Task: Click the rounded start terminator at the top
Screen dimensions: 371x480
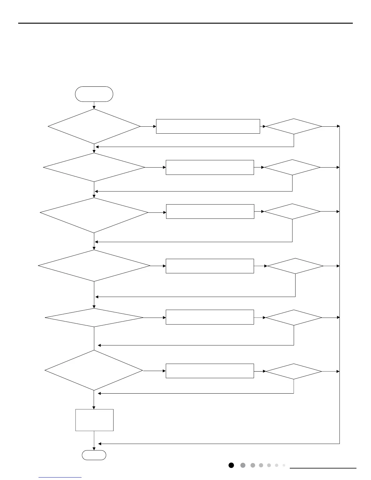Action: tap(94, 94)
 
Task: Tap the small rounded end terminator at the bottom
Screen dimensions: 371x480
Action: tap(94, 455)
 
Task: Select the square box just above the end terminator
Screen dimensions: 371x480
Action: tap(94, 420)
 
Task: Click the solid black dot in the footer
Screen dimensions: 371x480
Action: tap(231, 465)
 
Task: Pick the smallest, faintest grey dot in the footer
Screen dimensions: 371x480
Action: tap(284, 465)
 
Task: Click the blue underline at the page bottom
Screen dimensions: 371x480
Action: tap(60, 478)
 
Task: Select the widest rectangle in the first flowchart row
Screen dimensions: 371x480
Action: tap(208, 126)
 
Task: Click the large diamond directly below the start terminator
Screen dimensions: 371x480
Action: tap(94, 126)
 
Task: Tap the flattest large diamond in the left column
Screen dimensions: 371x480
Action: tap(94, 318)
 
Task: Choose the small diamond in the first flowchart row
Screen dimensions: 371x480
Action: tap(294, 126)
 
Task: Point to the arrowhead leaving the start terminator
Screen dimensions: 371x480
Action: tap(94, 107)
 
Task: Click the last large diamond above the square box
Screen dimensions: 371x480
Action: tap(94, 370)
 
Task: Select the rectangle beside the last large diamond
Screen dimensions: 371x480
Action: tap(210, 371)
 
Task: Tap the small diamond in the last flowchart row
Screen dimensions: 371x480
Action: tap(294, 371)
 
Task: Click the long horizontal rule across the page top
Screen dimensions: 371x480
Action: tap(185, 23)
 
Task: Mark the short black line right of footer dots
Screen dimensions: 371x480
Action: tap(323, 468)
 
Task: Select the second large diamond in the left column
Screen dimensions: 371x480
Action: tap(94, 167)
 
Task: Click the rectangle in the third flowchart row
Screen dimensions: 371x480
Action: tap(210, 212)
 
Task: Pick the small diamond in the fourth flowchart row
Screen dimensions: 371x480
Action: tap(295, 266)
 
